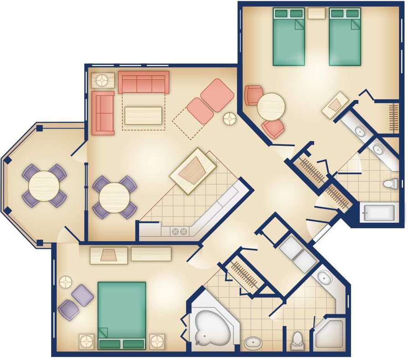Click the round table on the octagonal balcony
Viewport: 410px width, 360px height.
[44, 185]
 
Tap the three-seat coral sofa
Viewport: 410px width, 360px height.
[143, 82]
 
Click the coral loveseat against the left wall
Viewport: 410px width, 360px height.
[103, 113]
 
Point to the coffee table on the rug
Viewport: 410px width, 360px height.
[143, 115]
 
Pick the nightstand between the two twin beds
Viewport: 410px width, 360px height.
[316, 13]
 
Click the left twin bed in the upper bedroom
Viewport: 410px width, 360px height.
[289, 36]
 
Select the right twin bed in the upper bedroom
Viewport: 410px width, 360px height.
[345, 36]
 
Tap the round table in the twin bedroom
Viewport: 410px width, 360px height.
[271, 107]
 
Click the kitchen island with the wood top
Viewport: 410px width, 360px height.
[193, 171]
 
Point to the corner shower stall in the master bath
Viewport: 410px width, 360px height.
[330, 335]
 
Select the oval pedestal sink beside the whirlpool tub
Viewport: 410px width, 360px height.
[252, 342]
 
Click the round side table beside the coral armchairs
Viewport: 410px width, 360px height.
[230, 119]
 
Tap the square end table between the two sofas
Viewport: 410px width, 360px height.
[103, 80]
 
